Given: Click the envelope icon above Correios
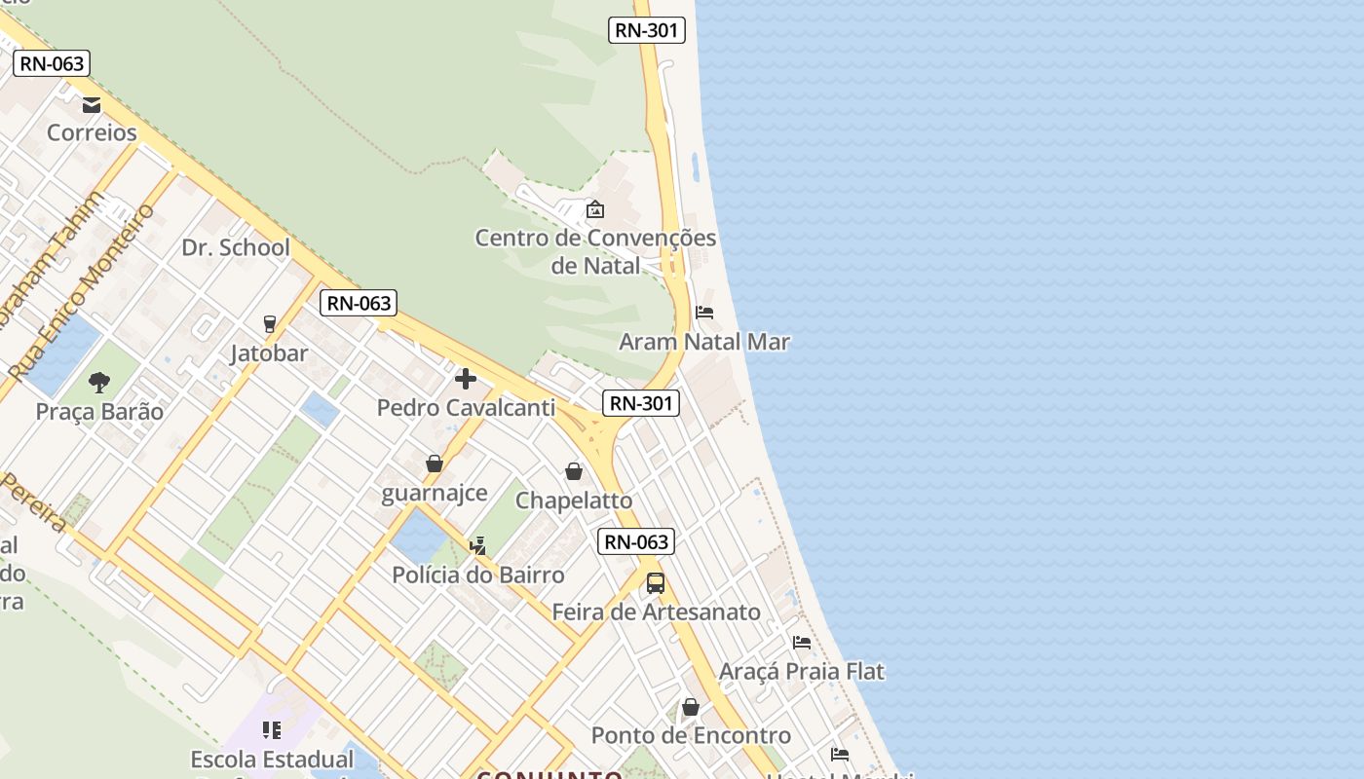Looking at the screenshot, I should point(92,105).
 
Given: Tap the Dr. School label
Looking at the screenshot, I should point(236,247).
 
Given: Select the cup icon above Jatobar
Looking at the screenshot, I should point(270,323).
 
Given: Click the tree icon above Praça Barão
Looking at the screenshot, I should point(99,382).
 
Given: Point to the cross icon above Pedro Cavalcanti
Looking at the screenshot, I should point(466,378).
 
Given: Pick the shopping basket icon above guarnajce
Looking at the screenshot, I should point(435,464).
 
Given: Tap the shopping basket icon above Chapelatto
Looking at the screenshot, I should point(574,471).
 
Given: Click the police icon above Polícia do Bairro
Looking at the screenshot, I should point(477,546).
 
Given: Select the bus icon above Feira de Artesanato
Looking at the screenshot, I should point(656,583).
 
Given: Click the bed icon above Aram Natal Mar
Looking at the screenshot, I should point(704,313).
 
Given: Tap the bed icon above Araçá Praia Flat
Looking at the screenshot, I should point(802,642).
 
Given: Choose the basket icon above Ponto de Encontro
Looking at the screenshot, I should point(691,707).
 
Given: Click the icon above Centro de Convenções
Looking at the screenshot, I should point(595,209).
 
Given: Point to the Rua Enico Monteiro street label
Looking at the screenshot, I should point(82,292).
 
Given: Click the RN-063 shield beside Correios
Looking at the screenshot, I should point(53,64).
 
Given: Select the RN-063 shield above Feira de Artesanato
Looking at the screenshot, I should point(637,542).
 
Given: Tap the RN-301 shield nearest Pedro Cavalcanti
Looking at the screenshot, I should point(640,403).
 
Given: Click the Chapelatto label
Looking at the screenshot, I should point(574,501).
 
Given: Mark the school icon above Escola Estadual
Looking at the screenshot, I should point(272,729).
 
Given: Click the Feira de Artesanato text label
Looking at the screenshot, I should point(656,612).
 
